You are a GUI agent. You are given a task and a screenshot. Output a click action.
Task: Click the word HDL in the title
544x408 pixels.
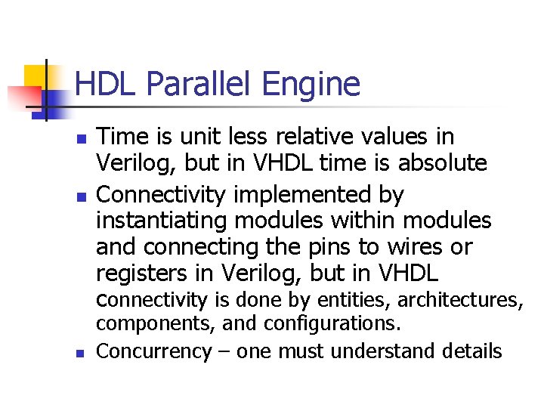tap(107, 84)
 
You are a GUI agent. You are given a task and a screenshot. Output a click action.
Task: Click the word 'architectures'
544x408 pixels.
tap(460, 301)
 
